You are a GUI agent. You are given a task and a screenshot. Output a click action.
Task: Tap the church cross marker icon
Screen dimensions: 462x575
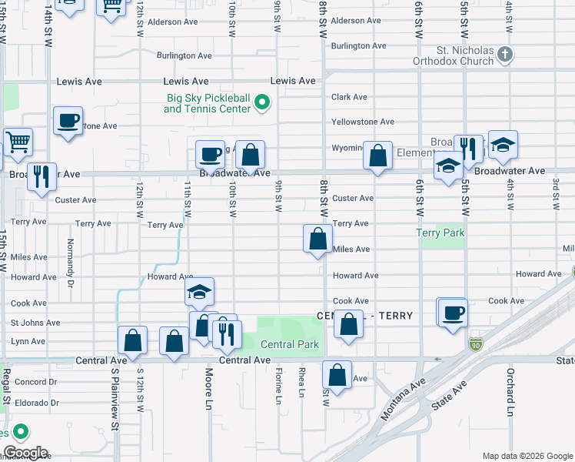pyautogui.click(x=504, y=54)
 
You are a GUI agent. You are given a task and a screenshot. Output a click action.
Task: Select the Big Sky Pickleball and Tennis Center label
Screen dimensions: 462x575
pyautogui.click(x=208, y=103)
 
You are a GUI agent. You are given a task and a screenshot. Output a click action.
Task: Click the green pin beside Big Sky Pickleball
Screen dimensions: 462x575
pyautogui.click(x=262, y=102)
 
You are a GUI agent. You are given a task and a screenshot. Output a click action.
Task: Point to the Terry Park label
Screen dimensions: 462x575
pyautogui.click(x=441, y=233)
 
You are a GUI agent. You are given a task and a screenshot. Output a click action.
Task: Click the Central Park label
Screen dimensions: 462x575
pyautogui.click(x=289, y=344)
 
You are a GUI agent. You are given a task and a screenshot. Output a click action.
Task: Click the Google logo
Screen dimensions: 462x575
pyautogui.click(x=25, y=453)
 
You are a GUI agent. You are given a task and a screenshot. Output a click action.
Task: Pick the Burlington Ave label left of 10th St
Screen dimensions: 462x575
pyautogui.click(x=184, y=56)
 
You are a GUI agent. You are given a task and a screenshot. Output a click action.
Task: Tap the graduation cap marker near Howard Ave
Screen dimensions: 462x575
pyautogui.click(x=199, y=293)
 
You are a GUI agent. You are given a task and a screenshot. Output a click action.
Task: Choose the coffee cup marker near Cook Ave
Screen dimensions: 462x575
pyautogui.click(x=452, y=313)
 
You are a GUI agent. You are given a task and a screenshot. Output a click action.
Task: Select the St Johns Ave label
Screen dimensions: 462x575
pyautogui.click(x=35, y=323)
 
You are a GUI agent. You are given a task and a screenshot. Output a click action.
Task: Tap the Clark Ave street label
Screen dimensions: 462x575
pyautogui.click(x=349, y=97)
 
